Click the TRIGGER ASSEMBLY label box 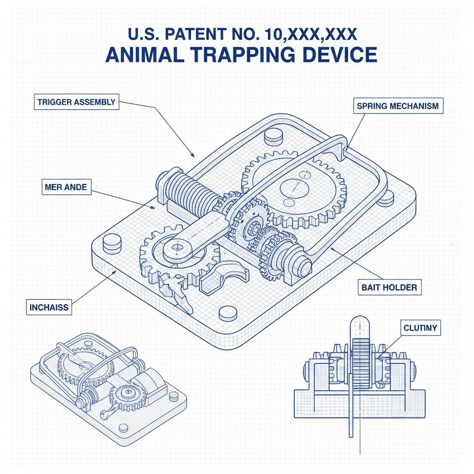click(x=77, y=102)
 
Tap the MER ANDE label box click(x=66, y=187)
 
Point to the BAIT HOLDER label click(x=389, y=287)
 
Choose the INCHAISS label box click(x=49, y=306)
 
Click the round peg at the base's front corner click(x=228, y=314)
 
